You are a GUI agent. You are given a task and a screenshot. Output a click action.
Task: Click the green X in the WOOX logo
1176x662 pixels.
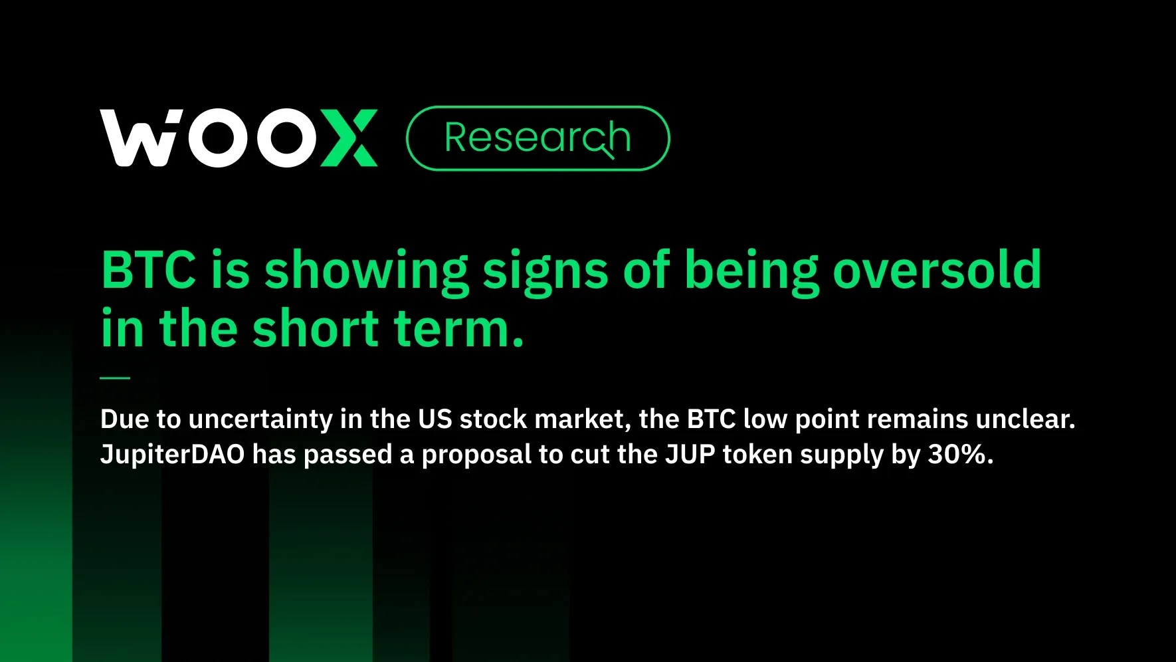click(x=349, y=138)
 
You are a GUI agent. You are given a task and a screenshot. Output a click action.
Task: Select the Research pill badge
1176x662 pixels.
click(x=537, y=138)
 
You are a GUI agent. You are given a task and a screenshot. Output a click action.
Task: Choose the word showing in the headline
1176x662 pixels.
click(x=366, y=271)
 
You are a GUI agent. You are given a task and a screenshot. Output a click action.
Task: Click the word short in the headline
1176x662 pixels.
click(x=315, y=328)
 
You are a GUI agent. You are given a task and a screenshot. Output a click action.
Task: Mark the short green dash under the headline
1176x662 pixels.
click(x=115, y=378)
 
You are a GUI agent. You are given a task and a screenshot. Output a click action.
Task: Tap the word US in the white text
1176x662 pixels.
click(x=435, y=419)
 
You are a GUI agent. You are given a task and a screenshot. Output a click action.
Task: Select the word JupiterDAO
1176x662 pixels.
click(x=172, y=455)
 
